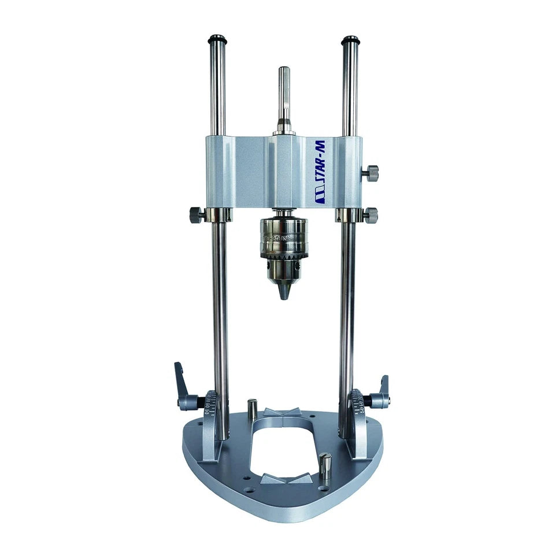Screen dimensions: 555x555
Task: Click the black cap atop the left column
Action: (x=218, y=40)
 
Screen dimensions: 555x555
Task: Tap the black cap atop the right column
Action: (x=350, y=40)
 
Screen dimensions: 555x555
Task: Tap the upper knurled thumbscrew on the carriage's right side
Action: (x=371, y=172)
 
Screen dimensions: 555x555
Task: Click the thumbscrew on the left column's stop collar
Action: (x=197, y=215)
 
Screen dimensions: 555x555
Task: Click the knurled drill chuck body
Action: (x=283, y=239)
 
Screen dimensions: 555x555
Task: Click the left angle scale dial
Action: (x=209, y=405)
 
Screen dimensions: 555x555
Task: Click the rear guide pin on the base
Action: (x=252, y=409)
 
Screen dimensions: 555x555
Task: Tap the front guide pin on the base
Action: (x=325, y=465)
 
